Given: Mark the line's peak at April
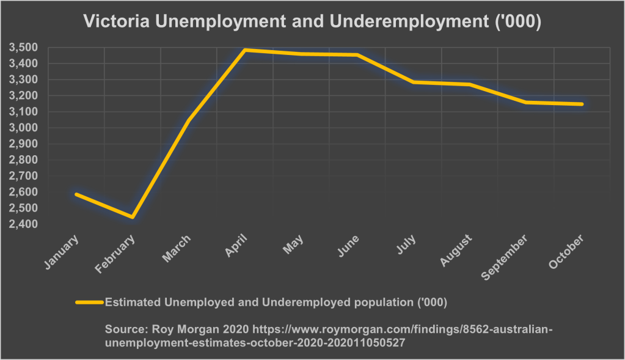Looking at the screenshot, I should [245, 50].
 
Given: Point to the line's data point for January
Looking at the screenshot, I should [76, 194].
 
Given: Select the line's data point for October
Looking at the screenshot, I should [582, 104].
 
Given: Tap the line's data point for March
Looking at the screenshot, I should [189, 120].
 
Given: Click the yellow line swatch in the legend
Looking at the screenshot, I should [89, 302].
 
